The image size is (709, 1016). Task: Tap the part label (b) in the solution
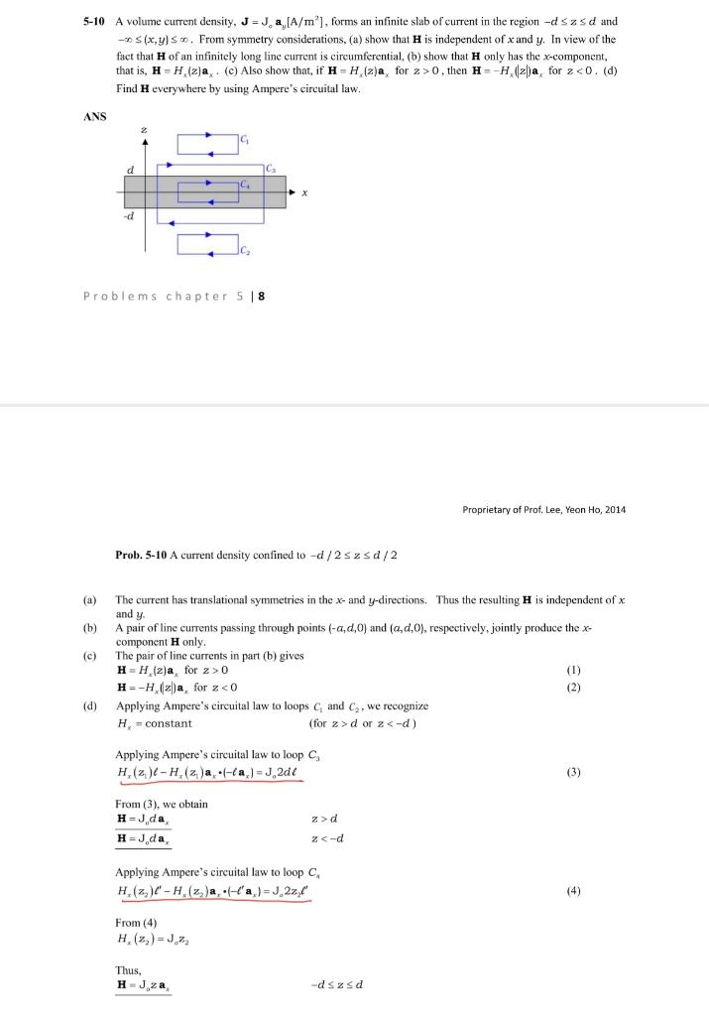point(90,615)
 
